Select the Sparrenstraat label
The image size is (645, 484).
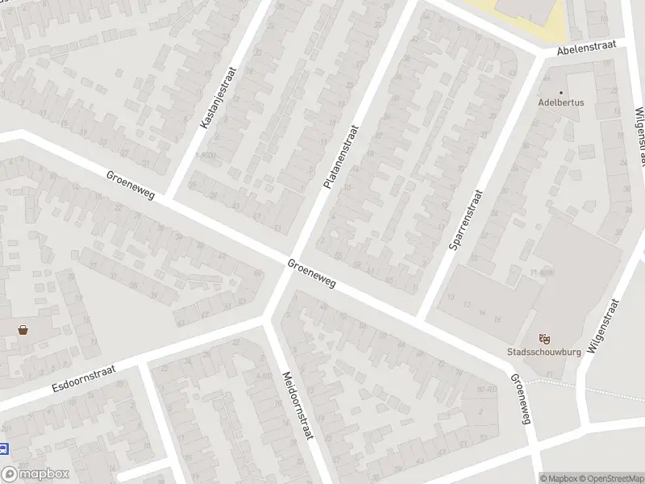466,220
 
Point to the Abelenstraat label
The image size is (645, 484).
586,48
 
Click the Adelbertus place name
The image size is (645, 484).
561,103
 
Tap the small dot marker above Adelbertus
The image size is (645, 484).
561,92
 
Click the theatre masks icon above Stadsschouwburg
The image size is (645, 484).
543,339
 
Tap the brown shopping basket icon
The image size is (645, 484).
23,329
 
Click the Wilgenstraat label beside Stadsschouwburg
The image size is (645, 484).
605,327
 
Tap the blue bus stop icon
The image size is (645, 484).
3,449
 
